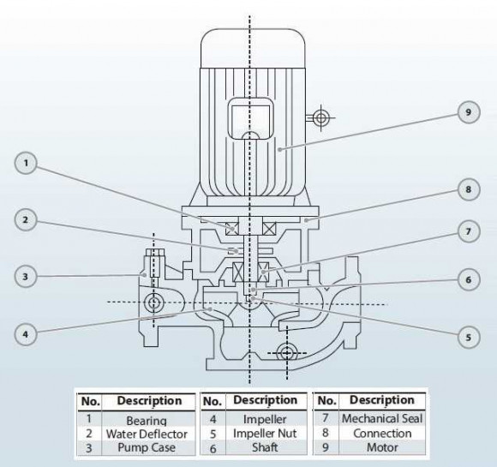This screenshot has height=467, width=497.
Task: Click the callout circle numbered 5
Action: pos(469,337)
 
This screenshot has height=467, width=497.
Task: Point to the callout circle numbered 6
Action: pos(469,279)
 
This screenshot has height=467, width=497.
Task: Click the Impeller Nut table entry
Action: pos(258,434)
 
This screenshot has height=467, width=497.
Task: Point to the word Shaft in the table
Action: pos(257,447)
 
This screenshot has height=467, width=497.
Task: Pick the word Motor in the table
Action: pos(377,447)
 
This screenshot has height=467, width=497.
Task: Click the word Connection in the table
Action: pos(377,434)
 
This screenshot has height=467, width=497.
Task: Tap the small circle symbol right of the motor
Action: pos(320,117)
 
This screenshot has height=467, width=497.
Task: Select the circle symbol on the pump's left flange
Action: pos(155,302)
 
